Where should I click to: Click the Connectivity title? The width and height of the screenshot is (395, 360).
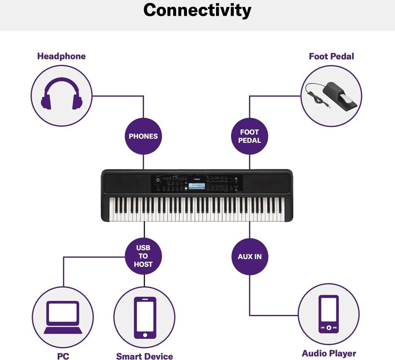197,10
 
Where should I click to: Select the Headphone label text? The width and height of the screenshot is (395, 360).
61,56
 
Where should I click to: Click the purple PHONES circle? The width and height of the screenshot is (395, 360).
143,136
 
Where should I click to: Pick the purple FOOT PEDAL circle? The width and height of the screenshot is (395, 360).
250,136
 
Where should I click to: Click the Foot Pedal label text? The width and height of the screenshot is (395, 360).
331,56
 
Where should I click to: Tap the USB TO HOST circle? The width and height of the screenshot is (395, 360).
143,256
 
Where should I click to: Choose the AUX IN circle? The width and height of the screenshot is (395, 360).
250,256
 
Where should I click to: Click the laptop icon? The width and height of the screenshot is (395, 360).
63,317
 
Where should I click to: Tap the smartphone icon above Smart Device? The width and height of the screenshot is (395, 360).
145,317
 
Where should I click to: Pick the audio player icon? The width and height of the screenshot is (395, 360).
329,314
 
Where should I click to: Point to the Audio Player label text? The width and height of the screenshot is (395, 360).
329,353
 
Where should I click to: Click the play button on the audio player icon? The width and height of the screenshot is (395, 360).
329,328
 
